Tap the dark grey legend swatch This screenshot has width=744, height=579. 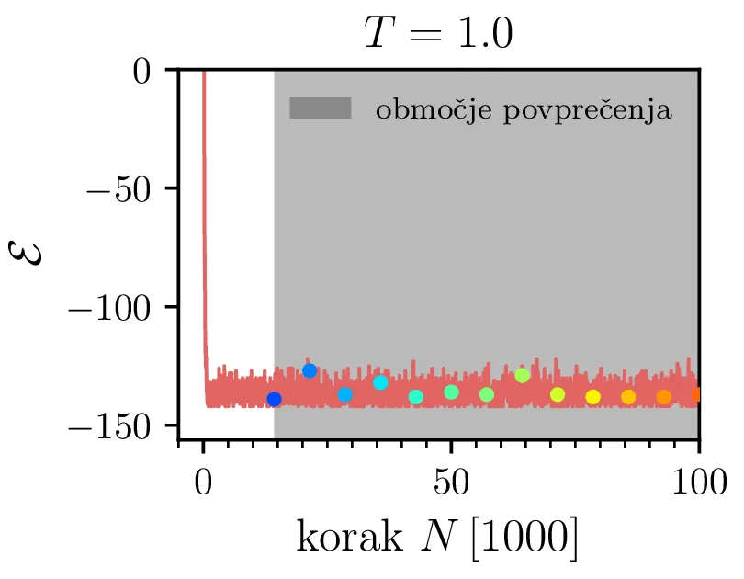321,108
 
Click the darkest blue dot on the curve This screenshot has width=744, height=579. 274,399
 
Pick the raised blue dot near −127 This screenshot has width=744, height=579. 310,370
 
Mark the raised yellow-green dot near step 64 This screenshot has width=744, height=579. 522,375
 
